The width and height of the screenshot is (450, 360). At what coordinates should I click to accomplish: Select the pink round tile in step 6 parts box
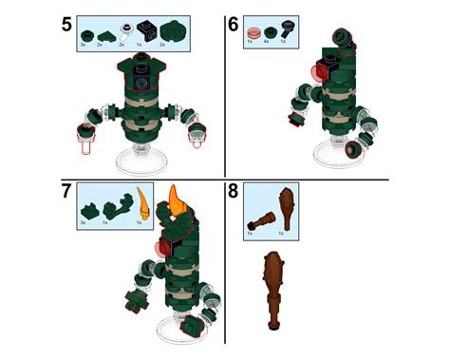point(252,28)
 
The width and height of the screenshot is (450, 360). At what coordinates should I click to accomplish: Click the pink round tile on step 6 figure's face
point(316,74)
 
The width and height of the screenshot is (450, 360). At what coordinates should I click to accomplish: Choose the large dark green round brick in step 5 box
point(168,29)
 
